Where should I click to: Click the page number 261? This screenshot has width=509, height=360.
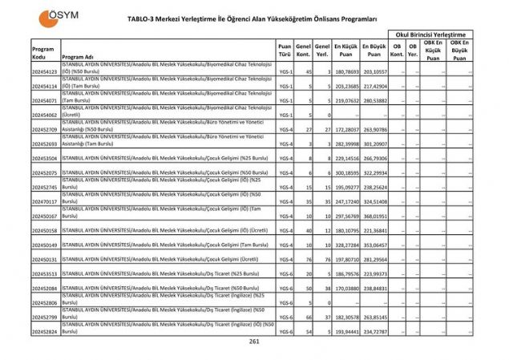pyautogui.click(x=254, y=342)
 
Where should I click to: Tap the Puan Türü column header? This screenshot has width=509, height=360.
pyautogui.click(x=285, y=52)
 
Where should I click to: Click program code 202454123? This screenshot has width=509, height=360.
pyautogui.click(x=45, y=72)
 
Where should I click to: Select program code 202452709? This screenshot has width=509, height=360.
pyautogui.click(x=45, y=129)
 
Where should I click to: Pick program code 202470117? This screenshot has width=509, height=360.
pyautogui.click(x=45, y=202)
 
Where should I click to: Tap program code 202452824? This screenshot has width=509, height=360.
pyautogui.click(x=45, y=331)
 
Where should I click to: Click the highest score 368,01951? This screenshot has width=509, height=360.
pyautogui.click(x=374, y=216)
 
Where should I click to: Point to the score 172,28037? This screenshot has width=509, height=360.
pyautogui.click(x=346, y=129)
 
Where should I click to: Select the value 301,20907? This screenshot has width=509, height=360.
pyautogui.click(x=374, y=144)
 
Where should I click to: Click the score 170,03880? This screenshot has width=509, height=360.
pyautogui.click(x=346, y=288)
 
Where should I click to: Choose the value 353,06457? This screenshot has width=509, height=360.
pyautogui.click(x=374, y=245)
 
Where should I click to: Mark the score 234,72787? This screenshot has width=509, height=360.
pyautogui.click(x=374, y=331)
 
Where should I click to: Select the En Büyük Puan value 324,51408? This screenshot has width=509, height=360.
pyautogui.click(x=374, y=202)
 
